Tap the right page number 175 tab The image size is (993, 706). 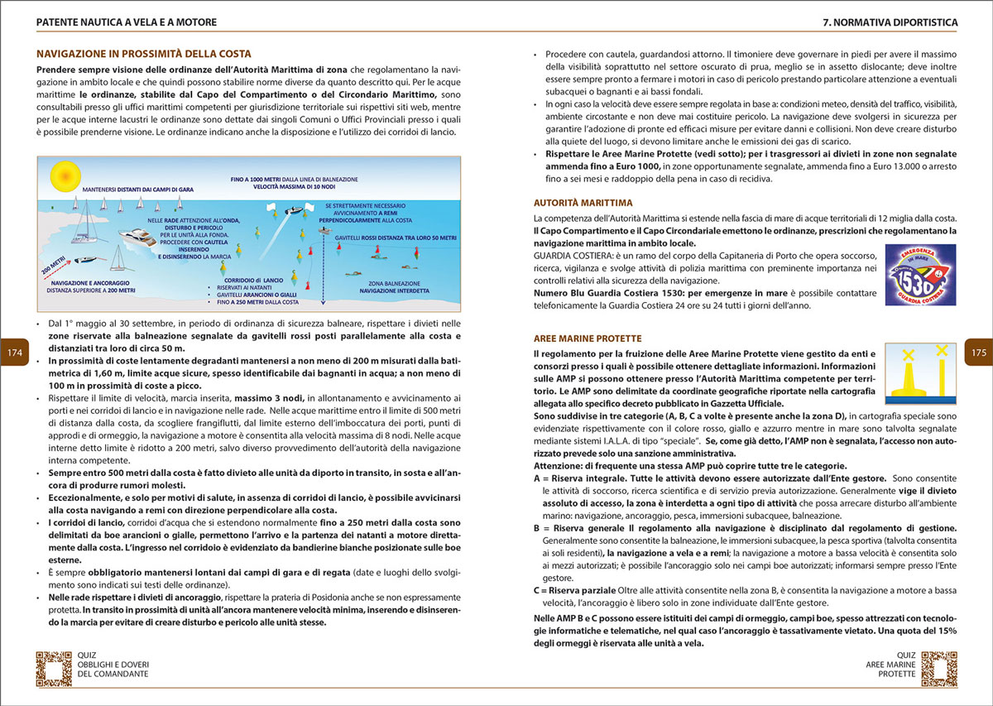point(978,353)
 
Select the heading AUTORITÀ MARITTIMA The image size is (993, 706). point(583,202)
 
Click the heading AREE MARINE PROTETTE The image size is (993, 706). point(587,339)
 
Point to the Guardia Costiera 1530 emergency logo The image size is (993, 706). point(920,272)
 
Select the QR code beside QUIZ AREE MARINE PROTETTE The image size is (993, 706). point(938,668)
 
